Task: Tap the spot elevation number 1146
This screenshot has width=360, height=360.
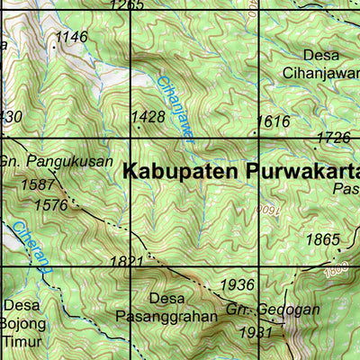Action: tap(71, 37)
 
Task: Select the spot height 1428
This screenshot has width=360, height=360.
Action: tap(148, 117)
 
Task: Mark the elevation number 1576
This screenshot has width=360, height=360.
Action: tap(49, 205)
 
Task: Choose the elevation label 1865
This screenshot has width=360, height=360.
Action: tap(323, 239)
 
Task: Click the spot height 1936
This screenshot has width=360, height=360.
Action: tap(238, 284)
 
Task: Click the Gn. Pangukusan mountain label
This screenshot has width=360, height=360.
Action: tap(56, 162)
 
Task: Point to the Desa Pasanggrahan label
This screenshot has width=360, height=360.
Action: tap(166, 307)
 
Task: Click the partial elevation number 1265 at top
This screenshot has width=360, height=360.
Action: tap(126, 5)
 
